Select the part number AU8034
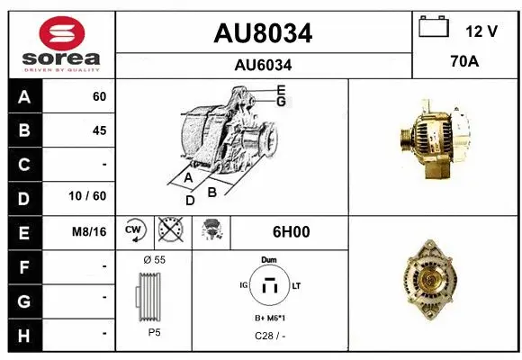point(263,33)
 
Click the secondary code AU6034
point(263,65)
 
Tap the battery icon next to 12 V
point(434,28)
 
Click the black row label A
point(23,96)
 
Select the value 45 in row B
point(99,130)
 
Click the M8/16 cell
point(90,231)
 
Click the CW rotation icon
point(134,231)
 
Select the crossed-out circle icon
point(168,231)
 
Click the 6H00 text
point(290,231)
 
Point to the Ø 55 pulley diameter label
point(154,259)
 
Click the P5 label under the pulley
point(153,333)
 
